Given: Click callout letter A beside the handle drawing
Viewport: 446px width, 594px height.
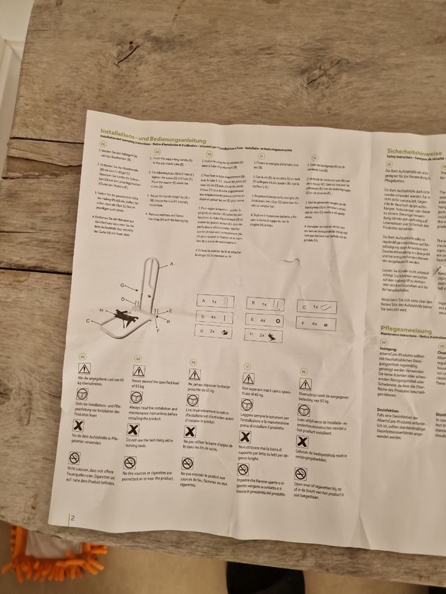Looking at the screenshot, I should (x=171, y=265).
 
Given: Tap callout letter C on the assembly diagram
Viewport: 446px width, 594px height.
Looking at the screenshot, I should (x=89, y=321).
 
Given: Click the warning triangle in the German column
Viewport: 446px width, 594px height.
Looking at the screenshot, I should (x=84, y=368).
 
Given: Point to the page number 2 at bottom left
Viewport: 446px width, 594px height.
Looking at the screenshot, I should (x=71, y=518).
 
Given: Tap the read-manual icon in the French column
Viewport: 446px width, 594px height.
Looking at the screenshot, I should (x=192, y=400).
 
